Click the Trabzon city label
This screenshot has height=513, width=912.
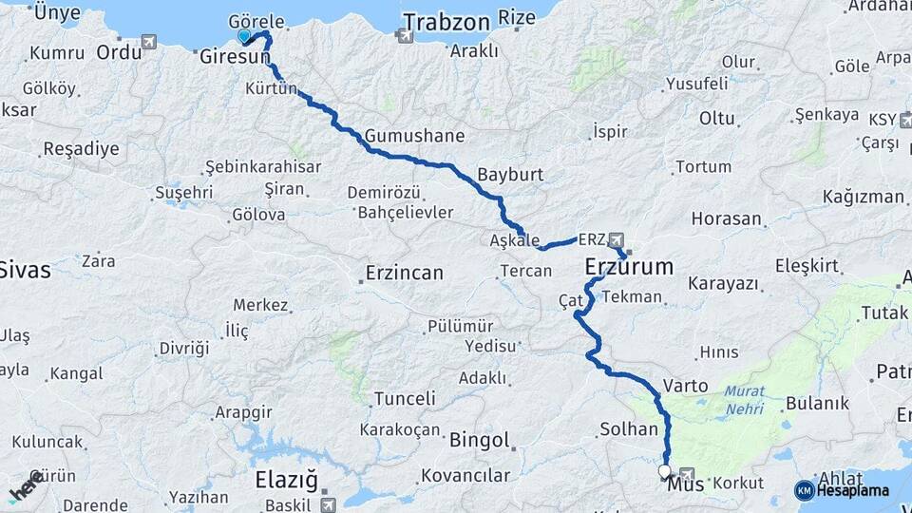pyautogui.click(x=446, y=22)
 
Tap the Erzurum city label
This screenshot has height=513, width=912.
pyautogui.click(x=629, y=266)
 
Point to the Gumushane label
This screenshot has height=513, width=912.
pyautogui.click(x=414, y=136)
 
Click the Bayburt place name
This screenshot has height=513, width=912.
pyautogui.click(x=510, y=176)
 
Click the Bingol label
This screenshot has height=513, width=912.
pyautogui.click(x=479, y=442)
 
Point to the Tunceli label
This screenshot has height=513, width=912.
pyautogui.click(x=405, y=398)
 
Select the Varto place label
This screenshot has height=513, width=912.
pyautogui.click(x=685, y=386)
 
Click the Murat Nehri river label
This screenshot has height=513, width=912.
pyautogui.click(x=743, y=399)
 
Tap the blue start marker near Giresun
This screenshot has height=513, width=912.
pyautogui.click(x=244, y=36)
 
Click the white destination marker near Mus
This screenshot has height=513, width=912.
pyautogui.click(x=663, y=470)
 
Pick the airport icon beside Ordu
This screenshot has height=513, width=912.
pyautogui.click(x=149, y=42)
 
